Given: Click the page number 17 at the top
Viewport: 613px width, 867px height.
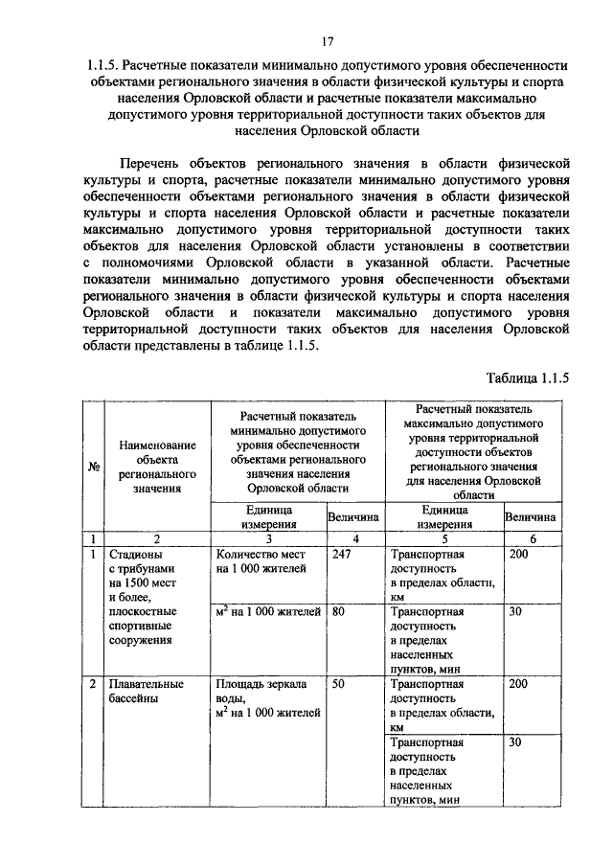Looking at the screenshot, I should (327, 40).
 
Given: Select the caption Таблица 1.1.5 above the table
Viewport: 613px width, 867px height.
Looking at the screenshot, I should (527, 377).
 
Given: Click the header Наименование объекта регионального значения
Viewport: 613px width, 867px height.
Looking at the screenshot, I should (157, 467).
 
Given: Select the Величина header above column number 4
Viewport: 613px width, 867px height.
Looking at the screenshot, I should (354, 517).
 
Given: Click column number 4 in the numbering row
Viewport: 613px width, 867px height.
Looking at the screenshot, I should (354, 538).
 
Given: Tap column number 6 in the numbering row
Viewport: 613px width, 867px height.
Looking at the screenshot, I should (532, 538).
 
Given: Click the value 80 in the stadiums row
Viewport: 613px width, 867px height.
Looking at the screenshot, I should (338, 610).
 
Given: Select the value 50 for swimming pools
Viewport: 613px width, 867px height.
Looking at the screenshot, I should (338, 685).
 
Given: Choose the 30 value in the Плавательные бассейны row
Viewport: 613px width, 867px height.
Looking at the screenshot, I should (514, 742).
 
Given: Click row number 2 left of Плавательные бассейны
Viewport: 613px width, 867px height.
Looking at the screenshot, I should (93, 685).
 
